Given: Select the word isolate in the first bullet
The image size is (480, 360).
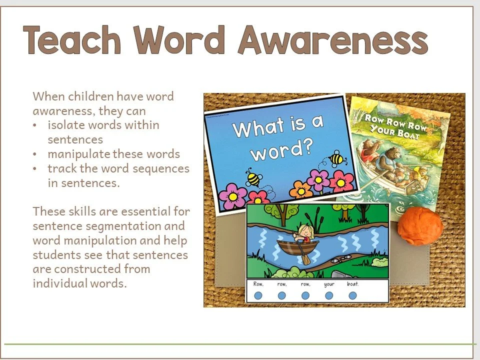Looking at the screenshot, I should pos(66,125).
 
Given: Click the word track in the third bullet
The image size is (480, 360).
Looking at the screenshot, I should pos(60,168).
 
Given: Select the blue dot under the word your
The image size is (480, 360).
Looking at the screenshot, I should pos(329,295).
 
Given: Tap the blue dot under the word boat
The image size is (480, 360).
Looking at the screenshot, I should pos(352,295).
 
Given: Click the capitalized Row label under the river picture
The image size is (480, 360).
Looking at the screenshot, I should pos(258,284).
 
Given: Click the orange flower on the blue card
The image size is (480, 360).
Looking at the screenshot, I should pos(301,190).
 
